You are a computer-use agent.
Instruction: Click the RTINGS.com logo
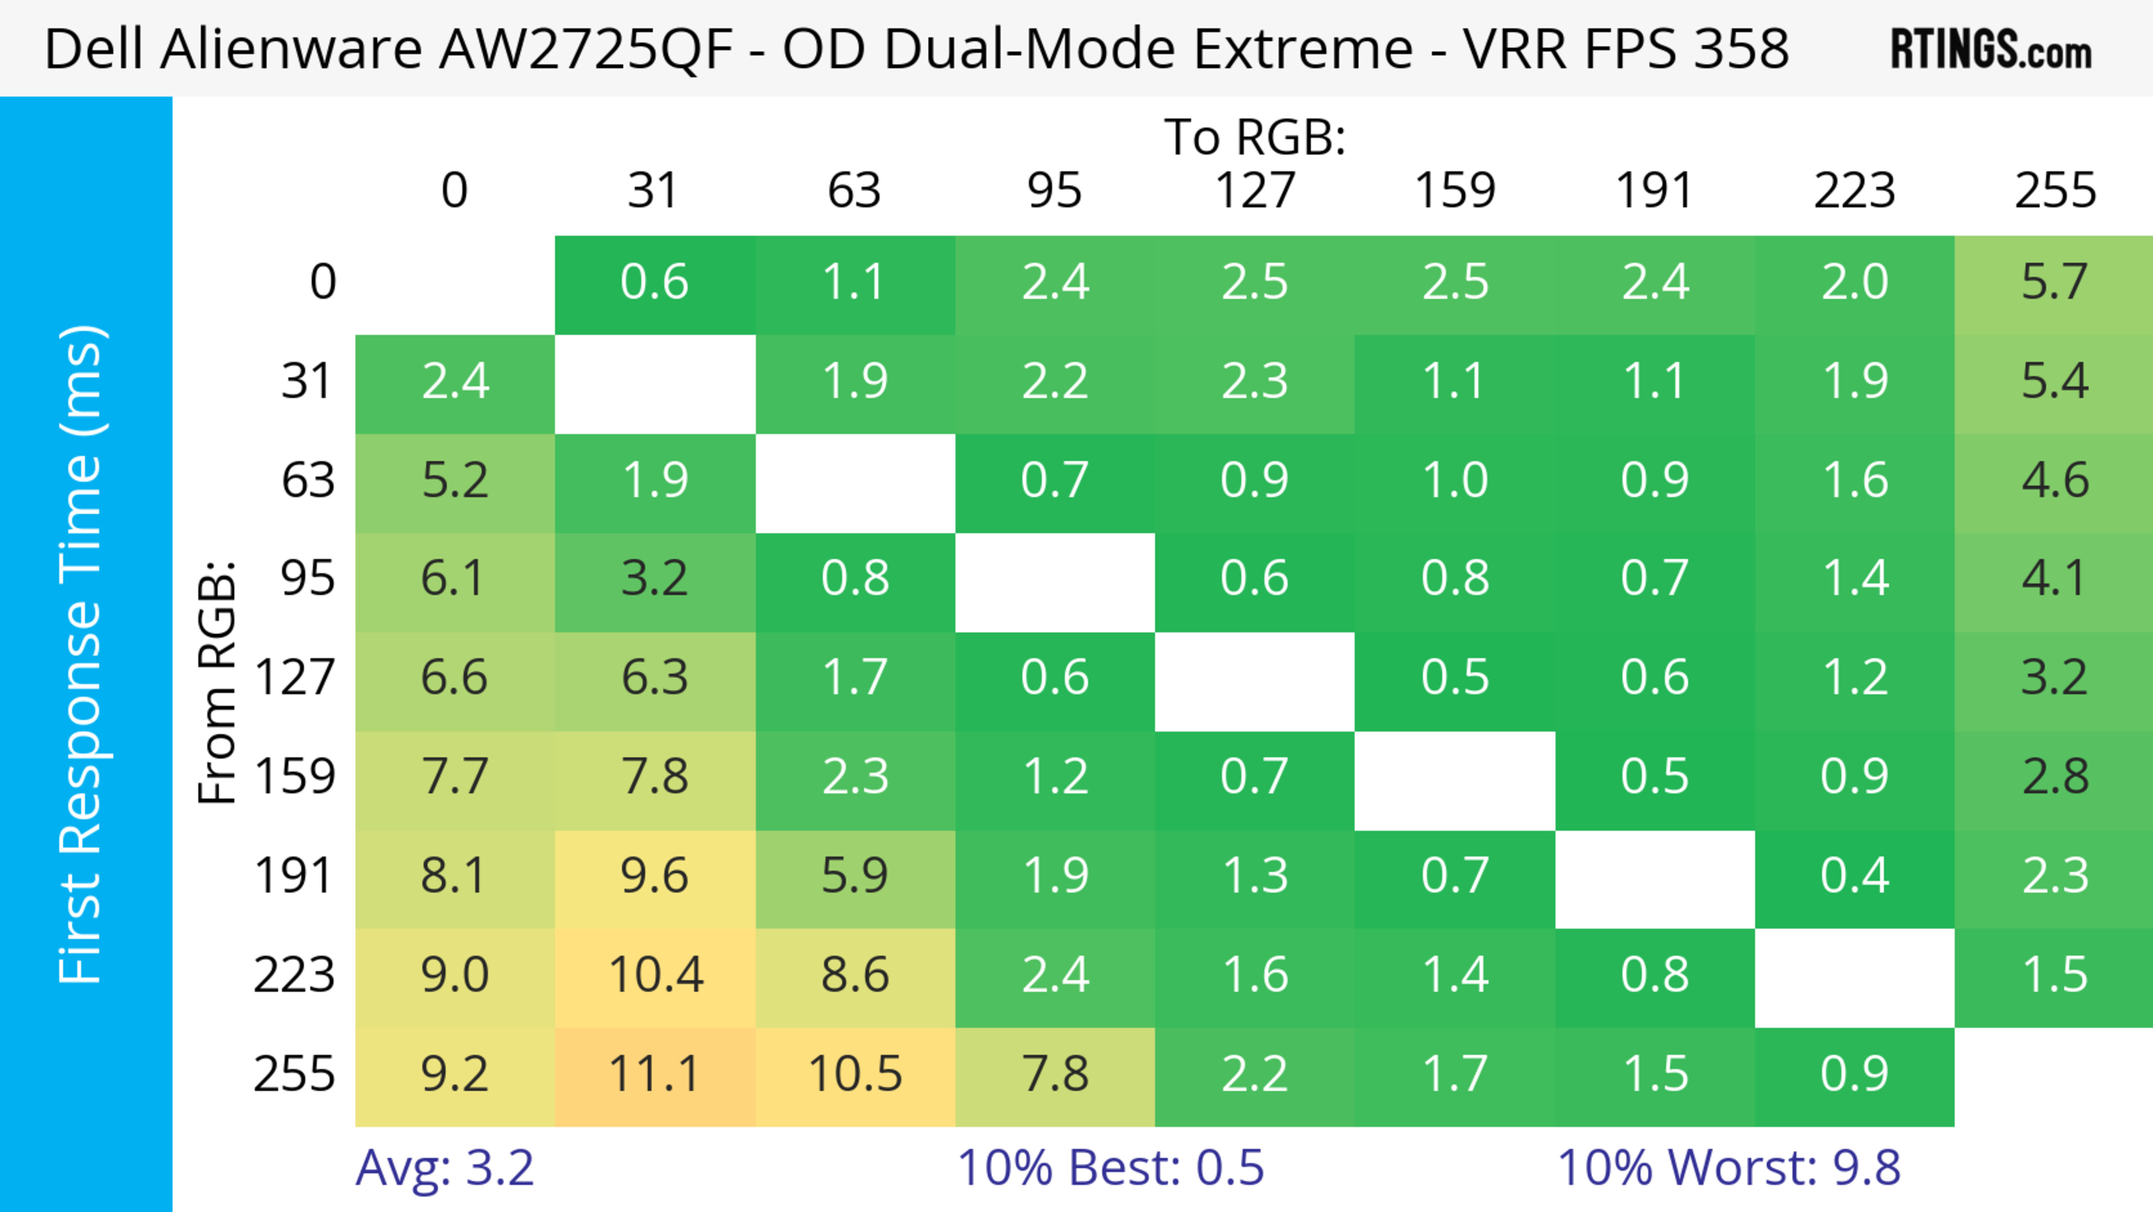tap(1991, 49)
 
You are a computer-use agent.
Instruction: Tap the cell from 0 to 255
tap(2054, 283)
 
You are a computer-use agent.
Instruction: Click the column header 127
tap(1255, 191)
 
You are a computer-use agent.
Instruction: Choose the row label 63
tap(308, 481)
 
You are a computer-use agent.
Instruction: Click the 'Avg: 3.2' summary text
tap(444, 1168)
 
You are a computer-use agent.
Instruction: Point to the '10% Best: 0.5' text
tap(1110, 1168)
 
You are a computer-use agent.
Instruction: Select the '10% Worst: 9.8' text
tap(1729, 1168)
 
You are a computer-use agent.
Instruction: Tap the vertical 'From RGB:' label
tap(218, 681)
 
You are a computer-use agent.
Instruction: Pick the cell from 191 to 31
tap(654, 877)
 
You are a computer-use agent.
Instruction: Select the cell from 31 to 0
tap(455, 382)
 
